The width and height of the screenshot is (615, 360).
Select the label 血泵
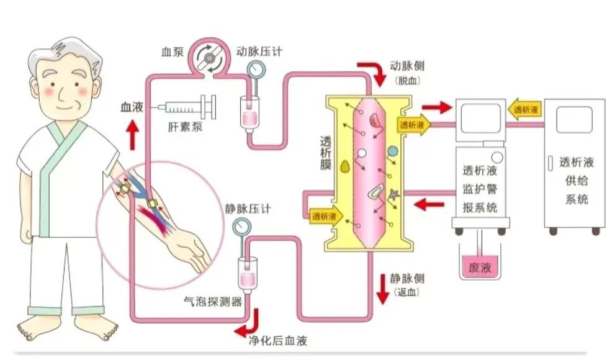pos(172,52)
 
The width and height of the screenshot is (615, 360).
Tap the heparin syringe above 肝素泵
pos(186,107)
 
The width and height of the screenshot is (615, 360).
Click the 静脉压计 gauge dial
pos(241,227)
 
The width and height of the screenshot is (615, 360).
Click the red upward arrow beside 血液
pos(132,136)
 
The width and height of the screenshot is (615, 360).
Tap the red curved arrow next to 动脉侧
pos(372,73)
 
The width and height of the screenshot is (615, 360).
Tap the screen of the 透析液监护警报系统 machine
pos(480,118)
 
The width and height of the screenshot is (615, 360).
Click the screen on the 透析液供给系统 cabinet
pos(573,119)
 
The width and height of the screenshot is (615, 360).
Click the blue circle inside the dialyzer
pos(392,150)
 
